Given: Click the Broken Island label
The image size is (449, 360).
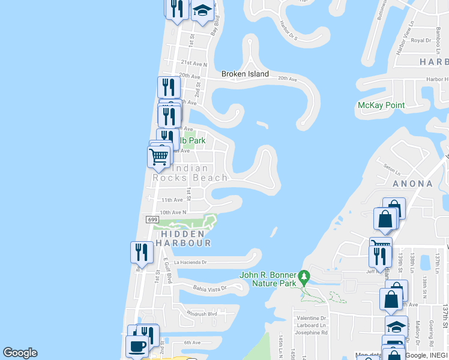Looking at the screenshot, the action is [245, 74].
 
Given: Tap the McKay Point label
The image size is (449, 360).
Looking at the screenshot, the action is [381, 106].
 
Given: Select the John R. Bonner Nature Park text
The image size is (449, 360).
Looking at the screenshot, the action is [268, 279].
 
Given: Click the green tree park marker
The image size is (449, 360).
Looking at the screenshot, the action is [305, 278].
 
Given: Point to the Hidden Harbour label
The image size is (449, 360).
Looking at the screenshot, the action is [183, 238].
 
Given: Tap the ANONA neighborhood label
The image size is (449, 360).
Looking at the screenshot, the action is [412, 184].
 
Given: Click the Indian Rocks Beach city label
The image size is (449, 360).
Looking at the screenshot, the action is [190, 173].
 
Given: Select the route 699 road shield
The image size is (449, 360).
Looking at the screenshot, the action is [152, 220].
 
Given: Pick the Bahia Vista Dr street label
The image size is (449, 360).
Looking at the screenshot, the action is [209, 288].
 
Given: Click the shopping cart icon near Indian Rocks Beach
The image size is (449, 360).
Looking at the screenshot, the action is [158, 157].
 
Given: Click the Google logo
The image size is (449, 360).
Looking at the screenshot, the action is [20, 353].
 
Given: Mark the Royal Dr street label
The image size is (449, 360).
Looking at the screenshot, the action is [421, 41].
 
